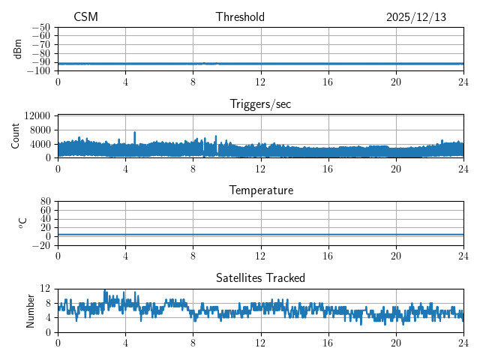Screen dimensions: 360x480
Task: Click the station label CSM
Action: tap(85, 17)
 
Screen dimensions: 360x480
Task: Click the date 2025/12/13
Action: tap(416, 17)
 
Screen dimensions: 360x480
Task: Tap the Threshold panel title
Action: tap(240, 17)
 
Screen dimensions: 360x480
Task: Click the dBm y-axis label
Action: tap(18, 49)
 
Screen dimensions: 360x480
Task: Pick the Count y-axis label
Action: tap(16, 136)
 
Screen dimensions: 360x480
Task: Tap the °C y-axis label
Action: tap(23, 223)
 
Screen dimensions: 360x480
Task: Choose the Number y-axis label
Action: tap(31, 310)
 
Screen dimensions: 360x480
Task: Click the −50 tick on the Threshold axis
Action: tap(41, 27)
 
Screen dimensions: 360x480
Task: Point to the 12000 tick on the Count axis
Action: tap(37, 116)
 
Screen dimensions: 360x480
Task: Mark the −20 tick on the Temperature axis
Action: tap(41, 245)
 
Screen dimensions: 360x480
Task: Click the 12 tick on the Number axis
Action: tap(45, 289)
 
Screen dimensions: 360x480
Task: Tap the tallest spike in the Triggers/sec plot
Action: tap(135, 133)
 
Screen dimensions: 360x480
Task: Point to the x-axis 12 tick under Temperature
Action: tap(261, 255)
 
